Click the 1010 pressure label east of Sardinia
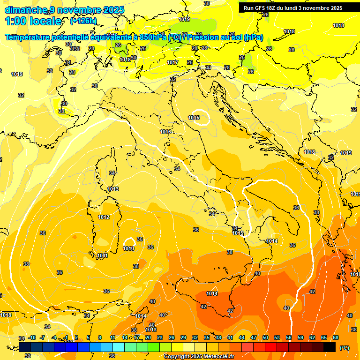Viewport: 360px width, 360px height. (x=129, y=248)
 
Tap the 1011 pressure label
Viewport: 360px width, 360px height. (x=102, y=255)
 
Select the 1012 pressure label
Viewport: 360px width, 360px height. (x=104, y=217)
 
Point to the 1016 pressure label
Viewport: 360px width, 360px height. (x=165, y=132)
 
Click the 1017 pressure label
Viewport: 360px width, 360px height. (x=172, y=62)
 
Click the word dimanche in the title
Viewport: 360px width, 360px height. (x=25, y=10)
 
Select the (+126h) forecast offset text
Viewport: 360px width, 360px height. (x=83, y=21)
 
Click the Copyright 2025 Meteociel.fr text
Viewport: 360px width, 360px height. (x=199, y=356)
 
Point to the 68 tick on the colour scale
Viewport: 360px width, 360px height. (x=336, y=337)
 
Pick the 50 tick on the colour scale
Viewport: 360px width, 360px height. (x=265, y=337)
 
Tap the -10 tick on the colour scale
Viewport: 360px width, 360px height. (x=32, y=337)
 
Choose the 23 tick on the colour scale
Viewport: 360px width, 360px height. (x=160, y=337)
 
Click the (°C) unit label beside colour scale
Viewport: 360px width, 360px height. (x=345, y=347)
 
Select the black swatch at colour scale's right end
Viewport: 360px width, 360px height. (x=330, y=347)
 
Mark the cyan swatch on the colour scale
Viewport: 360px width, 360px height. (x=119, y=347)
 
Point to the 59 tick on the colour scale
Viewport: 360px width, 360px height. (x=300, y=337)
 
